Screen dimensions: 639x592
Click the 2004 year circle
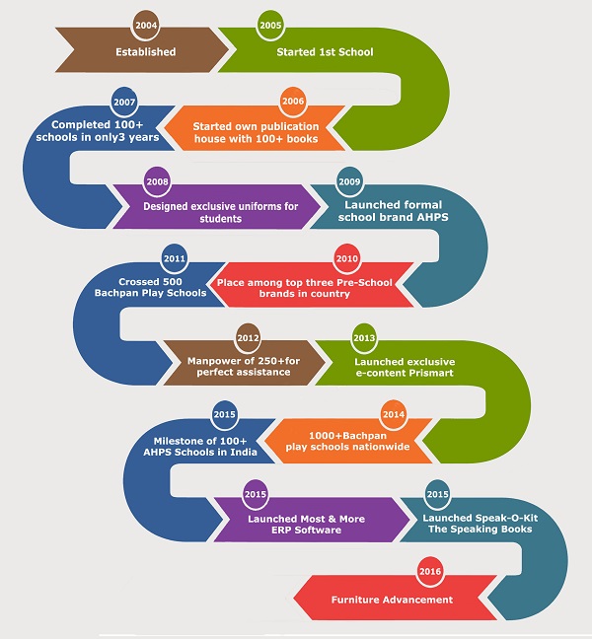pos(146,25)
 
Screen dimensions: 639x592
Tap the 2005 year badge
pos(268,25)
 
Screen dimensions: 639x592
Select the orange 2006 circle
pos(292,102)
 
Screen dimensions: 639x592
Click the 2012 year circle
pos(249,339)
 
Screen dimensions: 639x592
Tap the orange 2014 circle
pos(394,414)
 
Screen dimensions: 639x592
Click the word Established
pos(145,51)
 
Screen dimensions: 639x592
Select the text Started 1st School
pos(327,51)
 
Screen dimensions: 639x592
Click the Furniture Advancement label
pos(392,600)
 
